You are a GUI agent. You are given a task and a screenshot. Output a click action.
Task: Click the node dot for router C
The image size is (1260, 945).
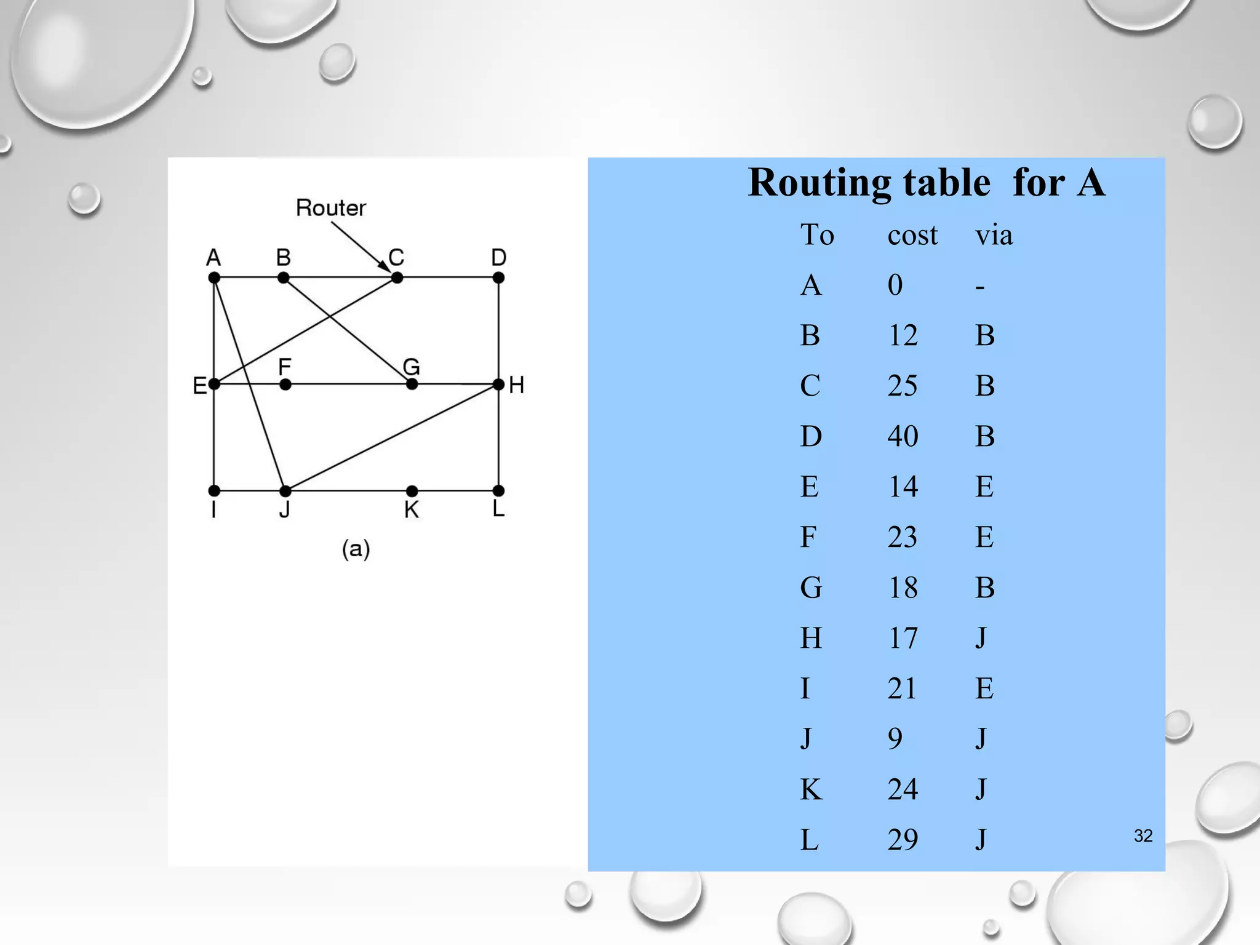click(397, 278)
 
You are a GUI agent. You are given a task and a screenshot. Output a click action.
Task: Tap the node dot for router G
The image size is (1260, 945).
click(412, 385)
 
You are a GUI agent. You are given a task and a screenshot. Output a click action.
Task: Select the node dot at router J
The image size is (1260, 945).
click(285, 491)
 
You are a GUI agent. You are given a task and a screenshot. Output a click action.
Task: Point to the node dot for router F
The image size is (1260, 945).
click(285, 385)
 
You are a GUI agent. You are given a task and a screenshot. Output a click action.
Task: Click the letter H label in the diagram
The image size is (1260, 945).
click(517, 385)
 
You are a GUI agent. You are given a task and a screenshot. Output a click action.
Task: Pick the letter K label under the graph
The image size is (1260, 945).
click(412, 510)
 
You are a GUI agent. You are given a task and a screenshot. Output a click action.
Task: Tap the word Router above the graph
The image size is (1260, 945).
click(331, 208)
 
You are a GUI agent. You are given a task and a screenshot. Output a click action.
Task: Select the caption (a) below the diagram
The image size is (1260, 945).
click(356, 549)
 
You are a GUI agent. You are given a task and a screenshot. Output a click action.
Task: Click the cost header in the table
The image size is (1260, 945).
click(912, 235)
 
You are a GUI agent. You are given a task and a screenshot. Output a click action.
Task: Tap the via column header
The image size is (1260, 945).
click(994, 235)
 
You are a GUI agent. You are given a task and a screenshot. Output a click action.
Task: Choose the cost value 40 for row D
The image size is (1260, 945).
click(903, 436)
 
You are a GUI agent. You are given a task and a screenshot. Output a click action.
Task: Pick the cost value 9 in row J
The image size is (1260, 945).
click(895, 738)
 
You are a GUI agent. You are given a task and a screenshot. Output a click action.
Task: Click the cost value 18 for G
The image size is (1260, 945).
click(903, 588)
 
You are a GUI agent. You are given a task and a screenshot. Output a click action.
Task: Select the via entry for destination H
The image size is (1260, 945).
click(981, 638)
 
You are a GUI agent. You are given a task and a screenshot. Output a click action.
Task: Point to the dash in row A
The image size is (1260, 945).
click(980, 287)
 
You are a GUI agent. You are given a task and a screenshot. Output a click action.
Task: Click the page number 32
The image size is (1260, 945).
click(1143, 835)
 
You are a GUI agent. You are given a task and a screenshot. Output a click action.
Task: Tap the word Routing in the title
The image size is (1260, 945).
click(819, 183)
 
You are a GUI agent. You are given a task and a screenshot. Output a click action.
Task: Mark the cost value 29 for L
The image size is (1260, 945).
click(903, 839)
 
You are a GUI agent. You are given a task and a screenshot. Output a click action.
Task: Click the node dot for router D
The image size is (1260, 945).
click(499, 278)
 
